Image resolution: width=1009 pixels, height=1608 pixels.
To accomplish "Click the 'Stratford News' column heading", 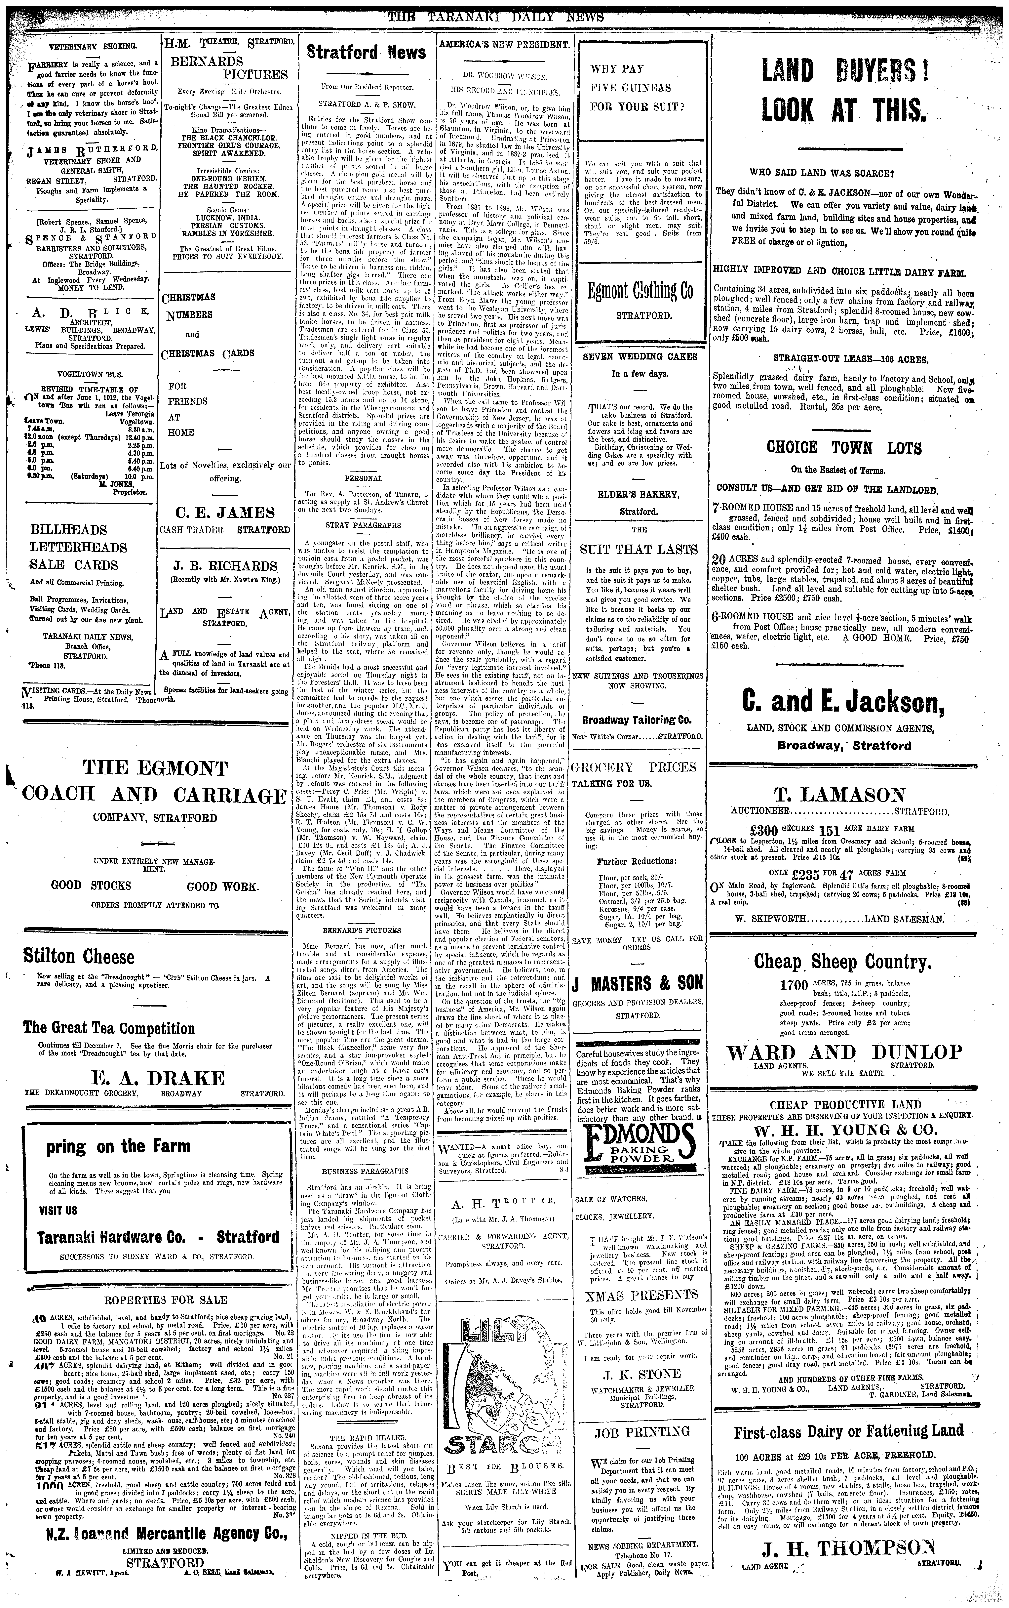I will (x=366, y=53).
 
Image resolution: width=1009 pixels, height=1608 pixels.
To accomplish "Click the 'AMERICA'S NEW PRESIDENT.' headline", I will (x=504, y=44).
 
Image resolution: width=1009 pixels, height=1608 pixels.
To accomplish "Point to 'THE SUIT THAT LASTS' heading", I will (x=639, y=549).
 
